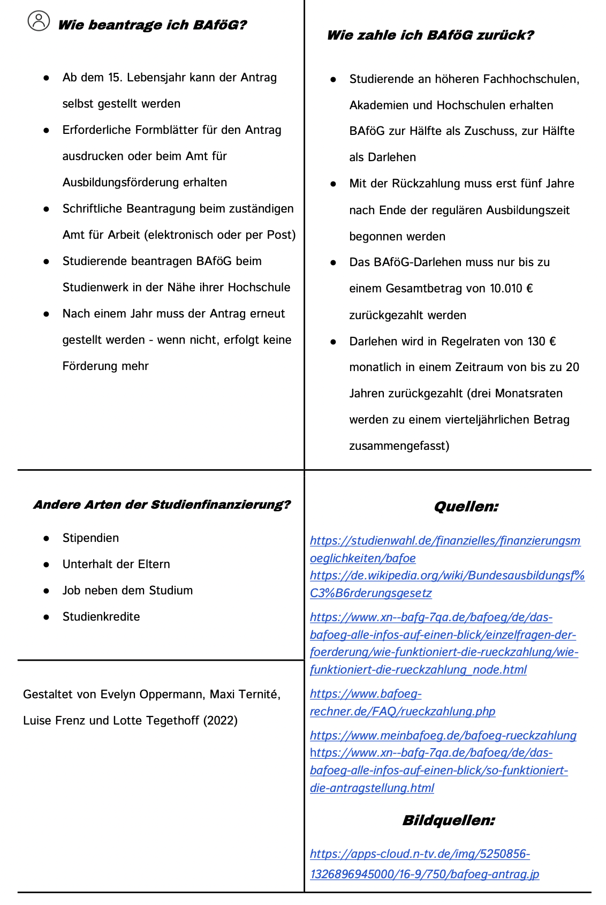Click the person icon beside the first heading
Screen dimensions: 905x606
click(x=39, y=21)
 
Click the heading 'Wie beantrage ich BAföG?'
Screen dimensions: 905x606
click(x=153, y=25)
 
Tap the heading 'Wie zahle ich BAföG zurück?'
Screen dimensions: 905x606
click(x=430, y=35)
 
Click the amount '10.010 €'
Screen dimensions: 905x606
click(x=511, y=289)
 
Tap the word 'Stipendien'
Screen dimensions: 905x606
click(x=90, y=538)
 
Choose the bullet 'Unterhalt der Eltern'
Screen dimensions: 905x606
click(x=116, y=564)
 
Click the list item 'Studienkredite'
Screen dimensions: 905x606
click(x=101, y=617)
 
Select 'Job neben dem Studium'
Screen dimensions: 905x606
click(x=127, y=591)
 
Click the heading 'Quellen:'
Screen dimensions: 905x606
click(x=466, y=507)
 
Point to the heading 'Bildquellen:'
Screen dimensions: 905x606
click(x=449, y=820)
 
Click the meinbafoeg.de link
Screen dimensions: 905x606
click(x=443, y=736)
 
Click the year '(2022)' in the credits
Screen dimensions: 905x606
click(x=220, y=721)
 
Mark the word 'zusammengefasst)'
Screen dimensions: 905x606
click(x=399, y=446)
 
